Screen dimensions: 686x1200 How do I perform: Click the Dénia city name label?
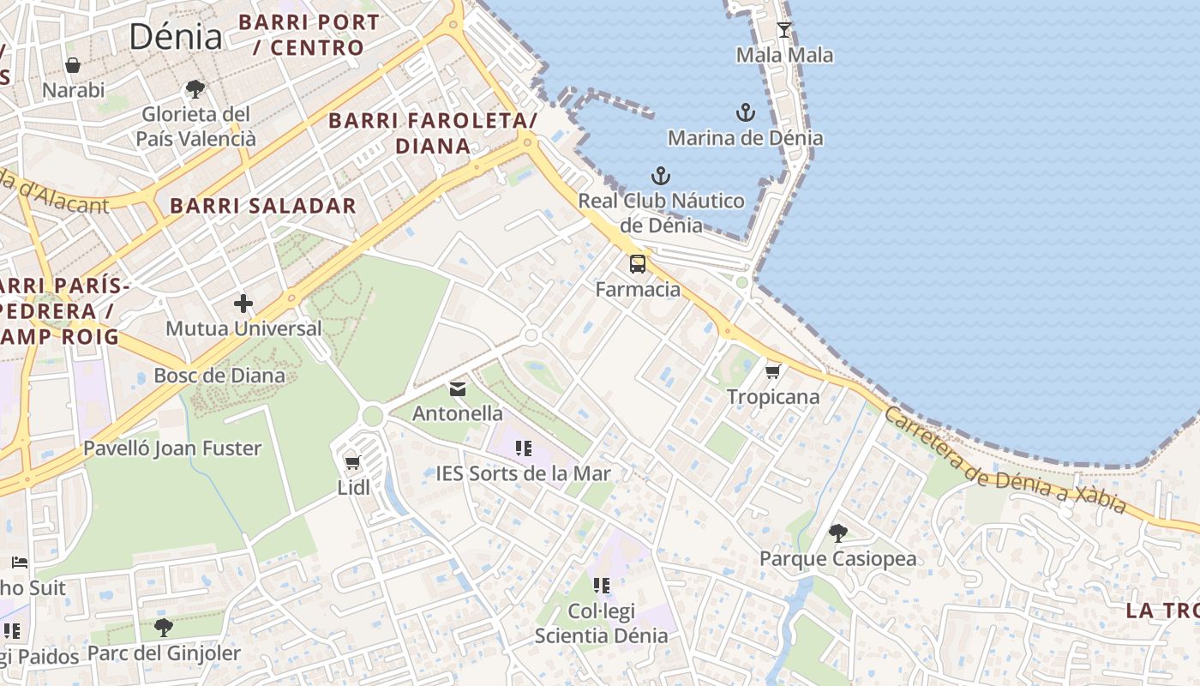point(176,36)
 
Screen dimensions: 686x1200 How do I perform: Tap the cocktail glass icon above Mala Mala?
point(784,30)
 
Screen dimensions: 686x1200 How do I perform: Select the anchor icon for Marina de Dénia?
point(746,112)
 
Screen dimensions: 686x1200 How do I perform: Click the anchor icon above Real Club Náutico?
point(660,176)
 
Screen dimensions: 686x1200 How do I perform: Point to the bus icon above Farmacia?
point(638,263)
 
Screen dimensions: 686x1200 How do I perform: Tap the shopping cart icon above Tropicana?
point(772,371)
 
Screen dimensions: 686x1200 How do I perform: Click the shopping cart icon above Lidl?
point(352,463)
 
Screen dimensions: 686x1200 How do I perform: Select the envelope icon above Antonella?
point(458,389)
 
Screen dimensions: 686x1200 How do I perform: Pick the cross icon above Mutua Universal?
point(243,304)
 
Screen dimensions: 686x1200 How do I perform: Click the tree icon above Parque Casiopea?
point(838,533)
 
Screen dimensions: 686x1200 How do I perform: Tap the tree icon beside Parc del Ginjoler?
point(163,628)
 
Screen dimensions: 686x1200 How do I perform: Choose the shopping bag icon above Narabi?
point(73,65)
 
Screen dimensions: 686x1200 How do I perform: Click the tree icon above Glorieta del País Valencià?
point(195,88)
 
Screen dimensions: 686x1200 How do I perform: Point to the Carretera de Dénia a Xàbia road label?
point(1004,460)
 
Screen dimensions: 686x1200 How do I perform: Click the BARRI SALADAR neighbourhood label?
point(263,206)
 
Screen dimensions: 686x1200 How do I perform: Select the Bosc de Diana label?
point(219,375)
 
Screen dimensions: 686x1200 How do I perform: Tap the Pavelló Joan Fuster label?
point(172,448)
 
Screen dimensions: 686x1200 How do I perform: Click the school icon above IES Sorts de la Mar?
point(524,448)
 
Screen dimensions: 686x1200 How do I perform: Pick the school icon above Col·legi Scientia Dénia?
point(602,586)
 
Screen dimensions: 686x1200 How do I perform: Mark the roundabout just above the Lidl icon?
point(372,416)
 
